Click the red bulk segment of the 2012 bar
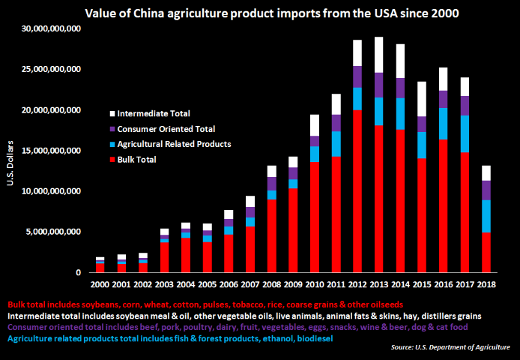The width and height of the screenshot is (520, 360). pos(357,191)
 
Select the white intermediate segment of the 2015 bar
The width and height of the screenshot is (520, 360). pos(422,99)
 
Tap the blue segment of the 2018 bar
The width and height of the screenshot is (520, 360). pos(486,216)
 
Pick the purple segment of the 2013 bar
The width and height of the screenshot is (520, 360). pos(378,85)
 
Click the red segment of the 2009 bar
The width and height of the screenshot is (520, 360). pos(293,230)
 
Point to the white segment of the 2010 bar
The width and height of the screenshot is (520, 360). pos(315,125)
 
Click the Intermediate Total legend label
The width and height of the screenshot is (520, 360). pos(154,113)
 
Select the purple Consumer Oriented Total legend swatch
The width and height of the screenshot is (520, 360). pos(112,129)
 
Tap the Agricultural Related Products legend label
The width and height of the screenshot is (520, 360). pos(174,144)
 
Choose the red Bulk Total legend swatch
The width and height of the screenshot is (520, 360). pos(112,160)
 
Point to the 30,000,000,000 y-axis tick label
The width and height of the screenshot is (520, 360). pos(51,28)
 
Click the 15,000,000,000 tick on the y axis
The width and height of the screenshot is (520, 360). pos(51,151)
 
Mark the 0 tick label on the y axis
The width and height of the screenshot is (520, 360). pos(78,273)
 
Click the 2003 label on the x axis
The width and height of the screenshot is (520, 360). pos(164,284)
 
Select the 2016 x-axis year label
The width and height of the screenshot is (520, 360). pos(444,284)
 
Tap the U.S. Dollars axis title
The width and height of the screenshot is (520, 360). pos(10,163)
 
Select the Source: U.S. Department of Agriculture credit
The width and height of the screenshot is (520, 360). pos(450,347)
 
